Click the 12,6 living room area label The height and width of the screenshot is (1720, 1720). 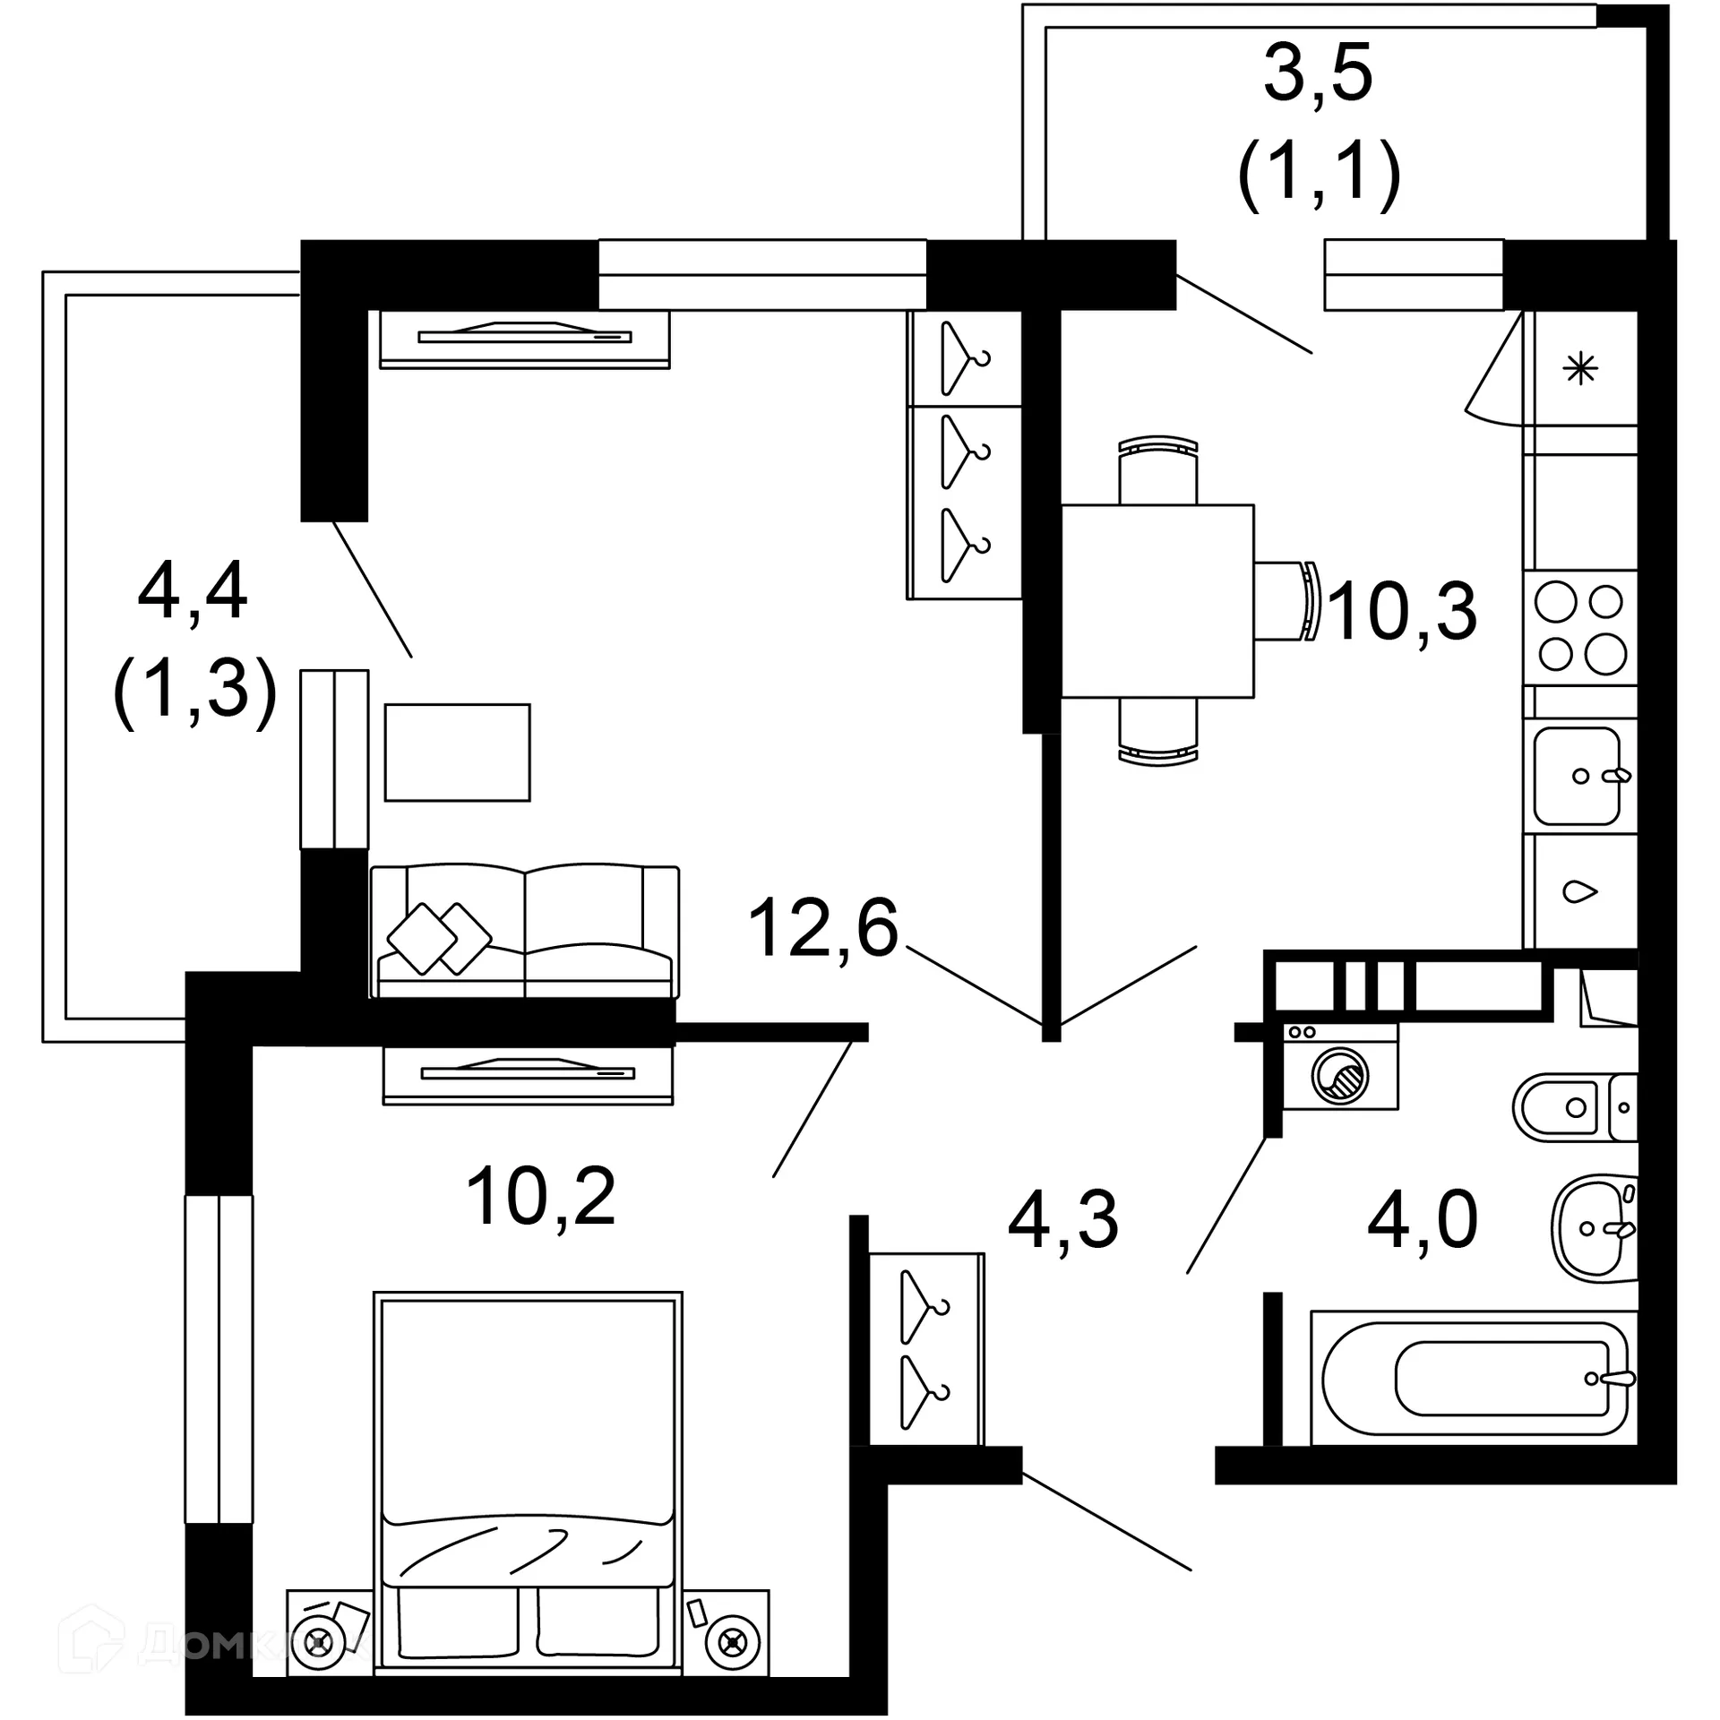point(822,929)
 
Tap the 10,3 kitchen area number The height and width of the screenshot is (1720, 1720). point(1402,612)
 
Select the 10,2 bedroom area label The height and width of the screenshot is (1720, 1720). point(540,1197)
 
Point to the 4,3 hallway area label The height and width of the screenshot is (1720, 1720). point(1062,1220)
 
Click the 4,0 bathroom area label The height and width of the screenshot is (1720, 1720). point(1422,1220)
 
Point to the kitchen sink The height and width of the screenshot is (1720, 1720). point(1578,776)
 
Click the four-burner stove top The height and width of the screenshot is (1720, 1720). point(1580,628)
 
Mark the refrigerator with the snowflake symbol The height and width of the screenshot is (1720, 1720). point(1580,368)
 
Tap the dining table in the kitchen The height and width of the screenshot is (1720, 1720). point(1157,601)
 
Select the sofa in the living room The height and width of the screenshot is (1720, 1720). point(525,931)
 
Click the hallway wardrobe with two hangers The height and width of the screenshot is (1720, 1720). point(926,1349)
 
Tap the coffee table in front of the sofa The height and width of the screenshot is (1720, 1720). point(457,752)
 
